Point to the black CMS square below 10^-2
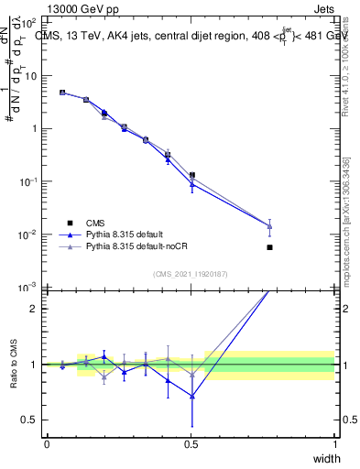pos(269,247)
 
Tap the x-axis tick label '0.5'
pos(191,443)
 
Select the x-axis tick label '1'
pos(335,443)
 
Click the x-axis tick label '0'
pos(47,443)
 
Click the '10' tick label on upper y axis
pos(29,76)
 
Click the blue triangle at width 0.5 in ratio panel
pos(191,396)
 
